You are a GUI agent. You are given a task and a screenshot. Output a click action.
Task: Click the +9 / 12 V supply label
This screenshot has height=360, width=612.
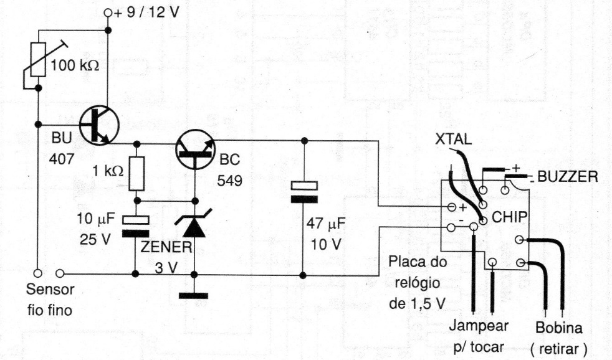(146, 12)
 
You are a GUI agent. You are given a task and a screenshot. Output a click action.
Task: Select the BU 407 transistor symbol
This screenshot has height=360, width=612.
(99, 125)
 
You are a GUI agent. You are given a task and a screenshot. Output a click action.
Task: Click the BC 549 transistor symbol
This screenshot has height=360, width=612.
(195, 149)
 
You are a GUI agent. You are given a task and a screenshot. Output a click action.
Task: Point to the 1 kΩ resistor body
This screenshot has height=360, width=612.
(136, 174)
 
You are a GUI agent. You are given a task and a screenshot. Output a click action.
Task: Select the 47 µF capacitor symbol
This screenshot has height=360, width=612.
(304, 192)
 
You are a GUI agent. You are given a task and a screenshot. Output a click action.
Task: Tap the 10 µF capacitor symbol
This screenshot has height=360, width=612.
(135, 227)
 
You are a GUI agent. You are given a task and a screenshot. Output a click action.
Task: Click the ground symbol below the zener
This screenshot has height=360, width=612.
(194, 296)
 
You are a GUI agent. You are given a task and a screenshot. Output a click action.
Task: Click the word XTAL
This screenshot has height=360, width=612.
(454, 140)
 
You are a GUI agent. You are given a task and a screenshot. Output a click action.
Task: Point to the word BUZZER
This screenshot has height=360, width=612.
(568, 177)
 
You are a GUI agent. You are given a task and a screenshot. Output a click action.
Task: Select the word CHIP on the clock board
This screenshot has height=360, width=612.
(510, 217)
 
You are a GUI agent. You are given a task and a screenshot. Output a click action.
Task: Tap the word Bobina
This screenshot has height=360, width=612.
(559, 328)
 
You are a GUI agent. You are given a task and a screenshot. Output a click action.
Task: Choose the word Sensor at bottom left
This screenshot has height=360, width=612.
(50, 290)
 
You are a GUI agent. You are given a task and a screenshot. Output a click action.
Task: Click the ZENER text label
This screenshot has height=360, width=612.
(166, 247)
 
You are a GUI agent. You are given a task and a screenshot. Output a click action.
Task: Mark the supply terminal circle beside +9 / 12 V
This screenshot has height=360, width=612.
(108, 13)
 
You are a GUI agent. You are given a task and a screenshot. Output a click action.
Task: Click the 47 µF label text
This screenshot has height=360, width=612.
(325, 224)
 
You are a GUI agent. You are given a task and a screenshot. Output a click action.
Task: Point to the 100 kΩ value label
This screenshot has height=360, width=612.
(75, 65)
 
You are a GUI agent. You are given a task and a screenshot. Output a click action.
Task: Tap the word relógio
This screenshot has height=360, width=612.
(417, 283)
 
